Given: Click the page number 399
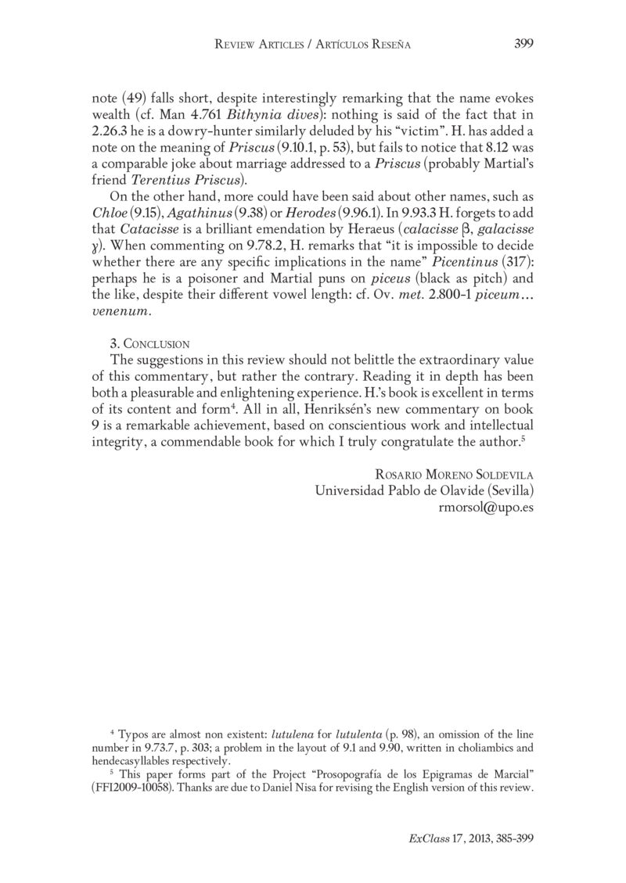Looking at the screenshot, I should point(523,45).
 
